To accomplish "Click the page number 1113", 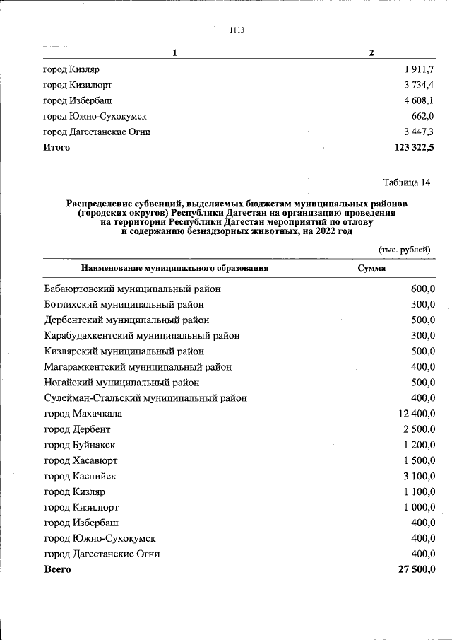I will click(237, 30).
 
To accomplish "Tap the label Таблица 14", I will click(406, 182).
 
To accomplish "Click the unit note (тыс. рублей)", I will click(404, 249).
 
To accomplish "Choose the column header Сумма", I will click(371, 269).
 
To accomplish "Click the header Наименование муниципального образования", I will click(174, 269).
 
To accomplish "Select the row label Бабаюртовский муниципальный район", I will click(132, 289).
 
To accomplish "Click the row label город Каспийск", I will click(80, 476).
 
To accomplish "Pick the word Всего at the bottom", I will click(57, 569).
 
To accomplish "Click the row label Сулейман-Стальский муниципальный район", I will click(145, 397).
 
